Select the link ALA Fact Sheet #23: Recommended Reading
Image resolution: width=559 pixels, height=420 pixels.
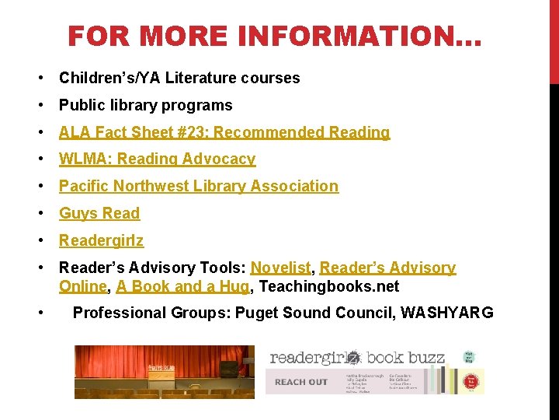tap(224, 132)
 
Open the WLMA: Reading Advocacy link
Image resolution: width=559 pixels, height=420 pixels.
tap(157, 159)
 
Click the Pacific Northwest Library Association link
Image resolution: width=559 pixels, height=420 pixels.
tap(199, 186)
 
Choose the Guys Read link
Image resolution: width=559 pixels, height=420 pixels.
tap(99, 213)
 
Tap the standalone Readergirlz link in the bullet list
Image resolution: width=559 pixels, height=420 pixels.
tap(101, 240)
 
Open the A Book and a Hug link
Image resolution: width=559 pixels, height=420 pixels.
tap(182, 286)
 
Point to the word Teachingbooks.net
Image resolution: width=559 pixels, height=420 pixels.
tap(329, 286)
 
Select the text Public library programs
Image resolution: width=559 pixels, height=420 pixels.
tap(146, 105)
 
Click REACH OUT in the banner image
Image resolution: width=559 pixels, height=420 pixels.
tap(301, 382)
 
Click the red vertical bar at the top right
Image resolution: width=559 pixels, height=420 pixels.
tap(554, 39)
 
